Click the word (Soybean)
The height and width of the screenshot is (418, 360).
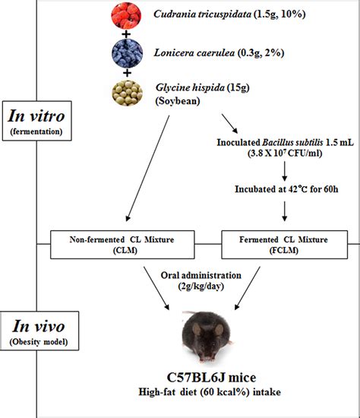[177, 104]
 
